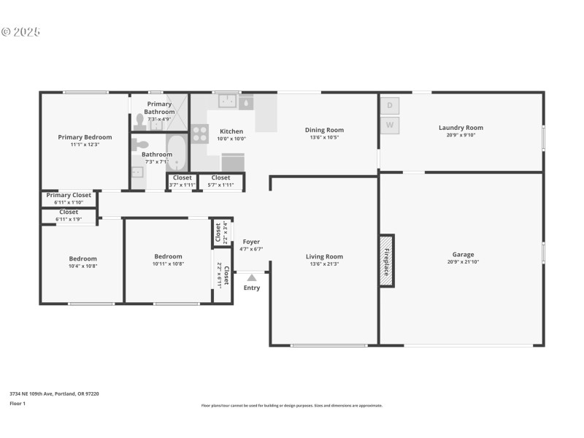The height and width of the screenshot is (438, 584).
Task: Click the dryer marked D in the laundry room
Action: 390,106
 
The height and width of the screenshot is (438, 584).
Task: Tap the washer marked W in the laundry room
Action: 390,126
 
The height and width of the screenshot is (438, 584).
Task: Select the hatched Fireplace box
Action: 386,261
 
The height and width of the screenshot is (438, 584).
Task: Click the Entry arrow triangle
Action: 251,277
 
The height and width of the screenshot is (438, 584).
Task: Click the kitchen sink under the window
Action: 228,101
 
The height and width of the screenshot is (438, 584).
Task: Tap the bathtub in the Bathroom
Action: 177,153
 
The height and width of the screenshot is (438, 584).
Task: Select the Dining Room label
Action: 324,130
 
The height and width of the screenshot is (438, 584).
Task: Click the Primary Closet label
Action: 69,195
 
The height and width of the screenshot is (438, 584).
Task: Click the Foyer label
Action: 251,242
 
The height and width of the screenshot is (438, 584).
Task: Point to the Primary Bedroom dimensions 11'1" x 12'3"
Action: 85,144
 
